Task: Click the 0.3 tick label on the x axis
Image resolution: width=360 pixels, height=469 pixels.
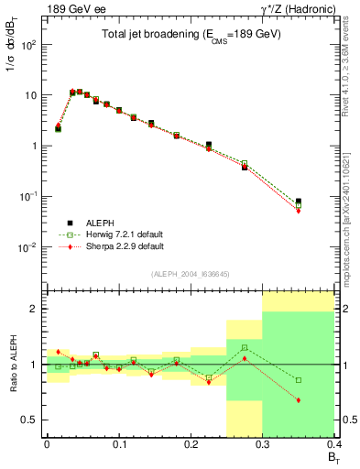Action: point(263,444)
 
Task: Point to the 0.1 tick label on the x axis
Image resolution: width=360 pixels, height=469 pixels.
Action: point(119,444)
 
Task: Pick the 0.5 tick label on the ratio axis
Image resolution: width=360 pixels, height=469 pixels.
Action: point(29,420)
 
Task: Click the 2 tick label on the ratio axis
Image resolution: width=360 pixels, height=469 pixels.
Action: point(35,309)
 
